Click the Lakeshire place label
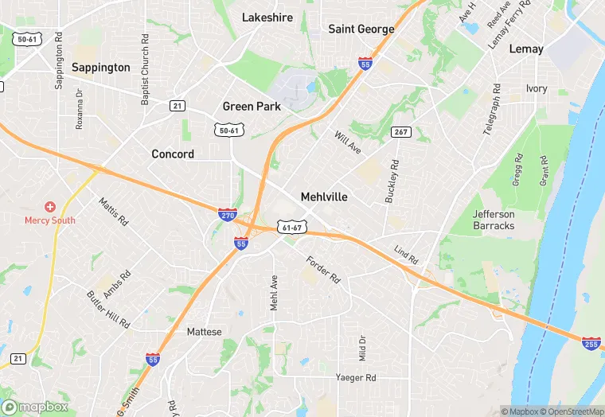pyautogui.click(x=267, y=18)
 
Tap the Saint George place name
pyautogui.click(x=361, y=29)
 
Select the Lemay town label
pyautogui.click(x=526, y=49)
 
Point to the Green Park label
pyautogui.click(x=251, y=107)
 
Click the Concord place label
pyautogui.click(x=173, y=154)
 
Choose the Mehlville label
pyautogui.click(x=324, y=197)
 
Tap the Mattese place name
pyautogui.click(x=204, y=332)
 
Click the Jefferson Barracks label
pyautogui.click(x=494, y=220)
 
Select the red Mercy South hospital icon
pyautogui.click(x=49, y=207)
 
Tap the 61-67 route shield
pyautogui.click(x=292, y=228)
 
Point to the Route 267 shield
pyautogui.click(x=400, y=131)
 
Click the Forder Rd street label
pyautogui.click(x=323, y=269)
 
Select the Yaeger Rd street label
pyautogui.click(x=355, y=377)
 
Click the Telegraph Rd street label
pyautogui.click(x=492, y=109)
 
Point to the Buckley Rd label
pyautogui.click(x=391, y=180)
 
